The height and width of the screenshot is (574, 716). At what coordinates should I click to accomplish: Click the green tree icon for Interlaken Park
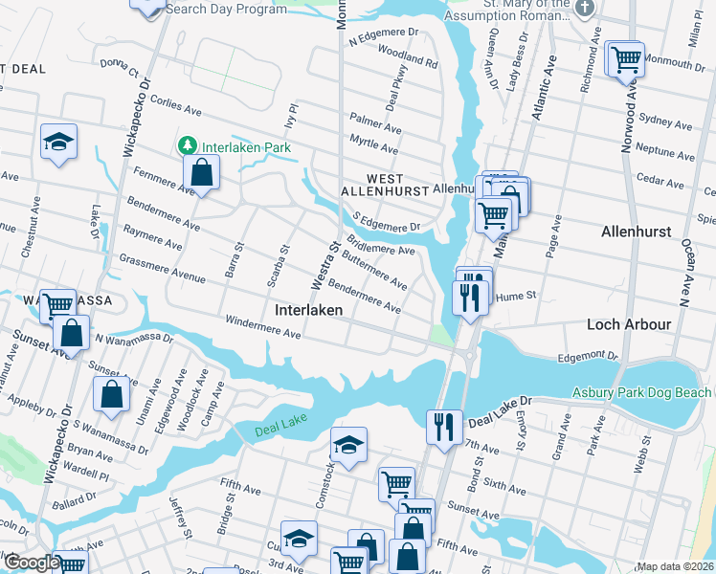click(x=188, y=146)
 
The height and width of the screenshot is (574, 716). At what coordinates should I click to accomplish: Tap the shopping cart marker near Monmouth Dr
click(x=626, y=59)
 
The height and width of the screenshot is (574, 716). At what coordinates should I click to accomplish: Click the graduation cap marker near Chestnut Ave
click(x=58, y=143)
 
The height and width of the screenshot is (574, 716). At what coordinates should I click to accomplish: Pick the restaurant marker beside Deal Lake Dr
click(x=444, y=426)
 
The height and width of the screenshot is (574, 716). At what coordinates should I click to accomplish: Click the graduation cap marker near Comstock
click(x=348, y=445)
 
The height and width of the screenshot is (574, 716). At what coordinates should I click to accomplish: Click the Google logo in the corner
click(x=32, y=563)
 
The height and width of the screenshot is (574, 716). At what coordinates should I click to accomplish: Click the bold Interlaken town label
click(x=309, y=311)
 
